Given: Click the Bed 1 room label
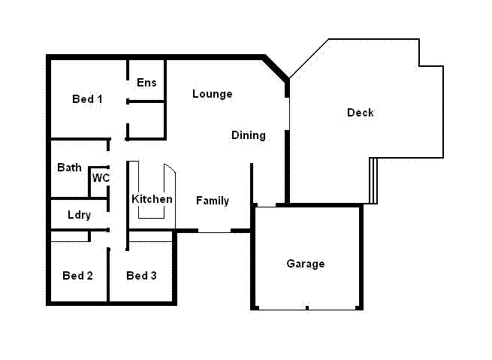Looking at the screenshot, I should coord(87,99).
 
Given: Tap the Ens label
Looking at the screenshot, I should coord(146,83).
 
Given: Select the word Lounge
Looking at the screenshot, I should coord(212,94).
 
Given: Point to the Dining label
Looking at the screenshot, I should coord(248,135).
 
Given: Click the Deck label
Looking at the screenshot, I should coord(360,113).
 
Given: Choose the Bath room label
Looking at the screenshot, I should coord(69,168).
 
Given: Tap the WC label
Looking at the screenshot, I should coord(101,178).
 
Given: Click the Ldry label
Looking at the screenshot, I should coord(79,215).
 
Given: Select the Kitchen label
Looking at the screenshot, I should coord(152,199).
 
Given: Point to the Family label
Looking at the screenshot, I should coord(213,201).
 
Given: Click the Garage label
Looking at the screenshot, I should coord(306,264).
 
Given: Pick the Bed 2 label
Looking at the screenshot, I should coord(77,276).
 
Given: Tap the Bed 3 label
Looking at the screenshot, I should coord(141,276).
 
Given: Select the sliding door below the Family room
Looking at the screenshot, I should coord(214,231).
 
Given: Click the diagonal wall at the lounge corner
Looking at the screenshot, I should coord(276,67).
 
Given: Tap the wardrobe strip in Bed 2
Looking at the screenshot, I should coord(69,237).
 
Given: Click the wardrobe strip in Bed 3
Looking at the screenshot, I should coord(150,237).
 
